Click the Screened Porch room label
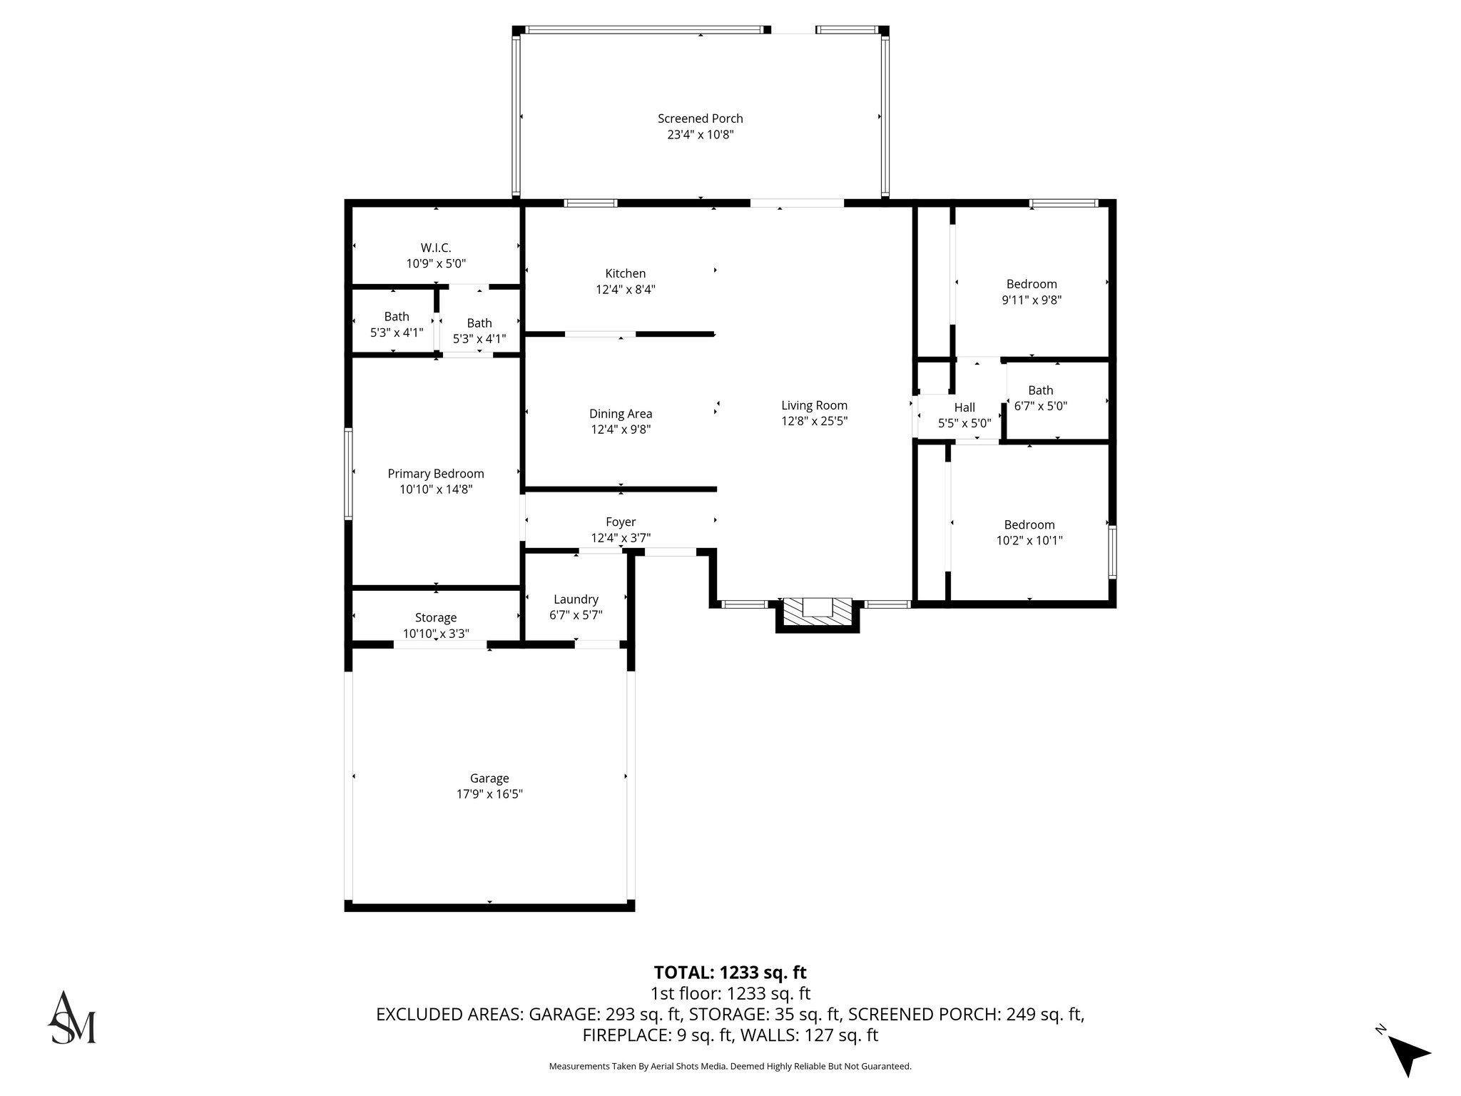tap(700, 118)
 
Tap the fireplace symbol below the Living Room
tap(818, 612)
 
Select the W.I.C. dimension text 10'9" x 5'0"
tap(436, 263)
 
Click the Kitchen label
tap(625, 273)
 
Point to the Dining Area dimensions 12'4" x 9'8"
tap(621, 430)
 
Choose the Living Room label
tap(814, 405)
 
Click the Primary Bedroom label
tap(435, 474)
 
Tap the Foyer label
tap(621, 522)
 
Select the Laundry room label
tap(576, 599)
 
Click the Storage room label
tap(435, 618)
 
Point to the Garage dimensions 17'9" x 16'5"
tap(489, 794)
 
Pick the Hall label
tap(964, 407)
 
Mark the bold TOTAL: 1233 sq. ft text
tap(730, 973)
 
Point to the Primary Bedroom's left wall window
tap(348, 473)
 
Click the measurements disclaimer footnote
tap(730, 1066)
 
